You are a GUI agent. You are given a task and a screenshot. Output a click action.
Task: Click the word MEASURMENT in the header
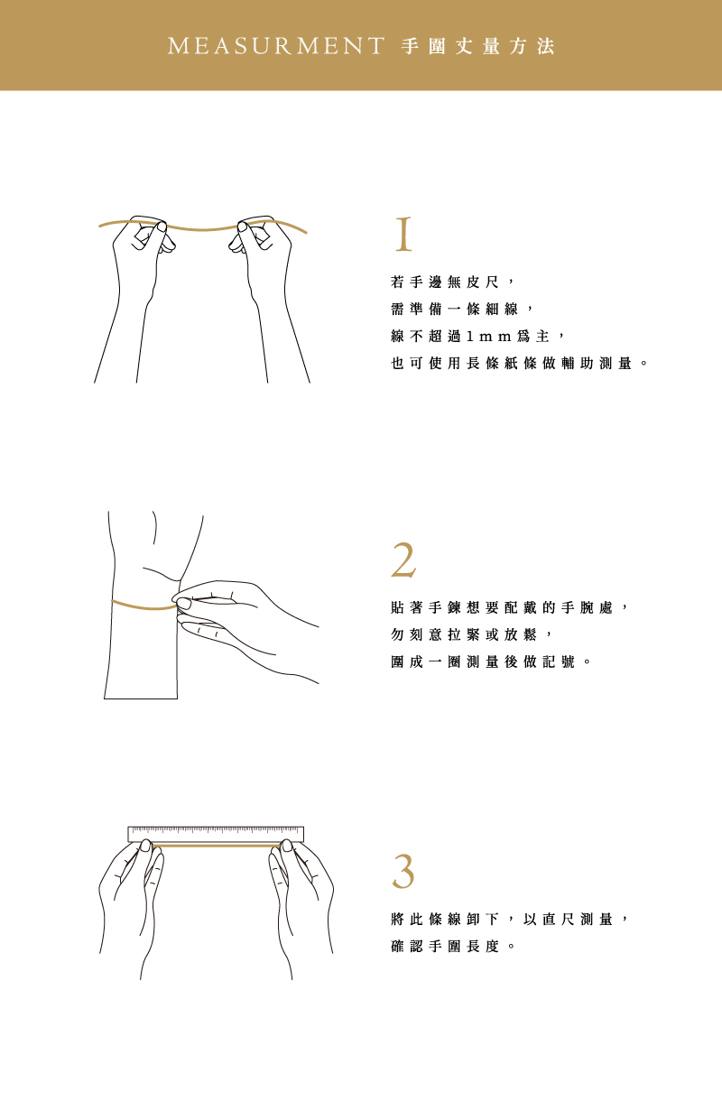[x=276, y=46]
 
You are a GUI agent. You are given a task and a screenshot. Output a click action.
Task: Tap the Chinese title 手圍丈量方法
[x=477, y=47]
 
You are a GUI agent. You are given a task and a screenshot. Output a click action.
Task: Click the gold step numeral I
[x=403, y=235]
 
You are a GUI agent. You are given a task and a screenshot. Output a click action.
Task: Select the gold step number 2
[x=403, y=560]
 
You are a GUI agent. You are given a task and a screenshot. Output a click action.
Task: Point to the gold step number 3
[x=403, y=872]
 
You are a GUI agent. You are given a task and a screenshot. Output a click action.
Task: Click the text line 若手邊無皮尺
[x=445, y=282]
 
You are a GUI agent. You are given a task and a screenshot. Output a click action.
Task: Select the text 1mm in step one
[x=488, y=337]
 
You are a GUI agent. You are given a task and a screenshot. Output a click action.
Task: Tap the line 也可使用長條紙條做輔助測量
[x=512, y=363]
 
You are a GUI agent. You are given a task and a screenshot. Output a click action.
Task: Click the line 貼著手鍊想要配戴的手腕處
[x=502, y=607]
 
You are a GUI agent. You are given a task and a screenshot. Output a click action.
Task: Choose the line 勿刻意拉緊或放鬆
[x=464, y=634]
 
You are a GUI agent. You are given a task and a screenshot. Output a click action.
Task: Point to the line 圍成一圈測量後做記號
[x=483, y=661]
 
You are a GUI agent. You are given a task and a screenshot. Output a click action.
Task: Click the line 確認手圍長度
[x=445, y=947]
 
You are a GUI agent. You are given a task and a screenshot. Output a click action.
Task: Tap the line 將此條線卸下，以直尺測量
[x=502, y=920]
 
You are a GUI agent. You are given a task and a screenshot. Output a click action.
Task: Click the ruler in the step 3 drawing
[x=216, y=835]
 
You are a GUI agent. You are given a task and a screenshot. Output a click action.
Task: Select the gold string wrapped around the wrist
[x=143, y=606]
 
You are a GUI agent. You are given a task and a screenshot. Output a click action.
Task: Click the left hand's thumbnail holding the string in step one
[x=162, y=227]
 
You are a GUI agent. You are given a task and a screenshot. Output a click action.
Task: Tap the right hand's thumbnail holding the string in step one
[x=242, y=227]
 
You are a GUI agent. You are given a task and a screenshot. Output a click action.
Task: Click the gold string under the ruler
[x=216, y=845]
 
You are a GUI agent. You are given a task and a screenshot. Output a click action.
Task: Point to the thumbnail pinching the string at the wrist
[x=184, y=604]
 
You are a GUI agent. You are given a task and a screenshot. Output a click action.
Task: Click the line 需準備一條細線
[x=454, y=310]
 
